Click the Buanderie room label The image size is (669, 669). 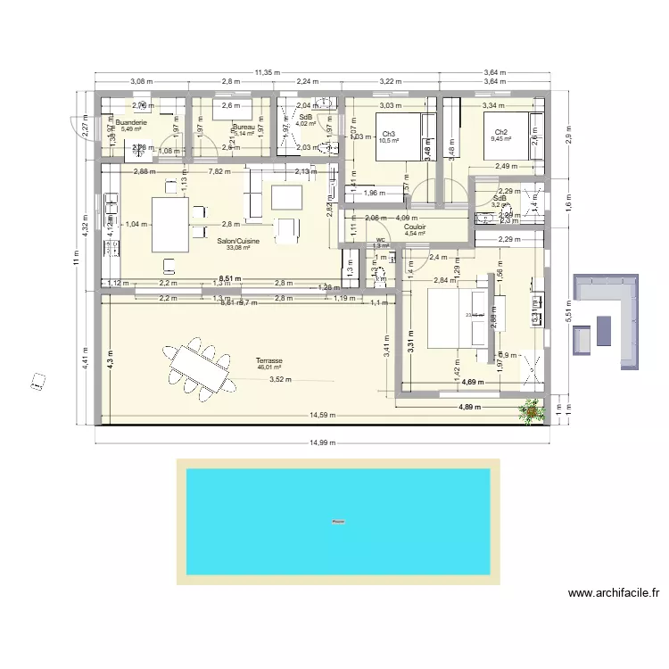(131, 122)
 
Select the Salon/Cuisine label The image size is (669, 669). (238, 240)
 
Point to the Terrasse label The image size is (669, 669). (268, 360)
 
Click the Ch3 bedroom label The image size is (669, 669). (388, 134)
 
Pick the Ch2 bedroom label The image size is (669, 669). (500, 132)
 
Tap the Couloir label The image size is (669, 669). (414, 227)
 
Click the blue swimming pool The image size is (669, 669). (337, 522)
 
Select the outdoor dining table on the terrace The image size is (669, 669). (198, 366)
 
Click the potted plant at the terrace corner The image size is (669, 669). (533, 409)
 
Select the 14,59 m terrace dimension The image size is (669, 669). (323, 415)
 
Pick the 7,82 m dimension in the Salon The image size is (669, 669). (219, 171)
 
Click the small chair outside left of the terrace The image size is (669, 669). (38, 381)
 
